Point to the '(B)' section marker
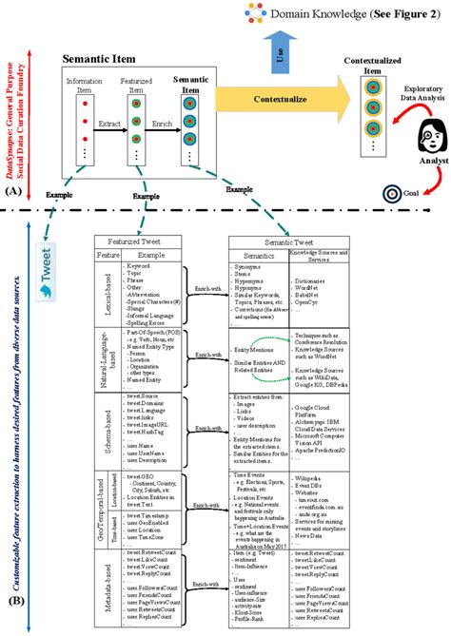[13, 601]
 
